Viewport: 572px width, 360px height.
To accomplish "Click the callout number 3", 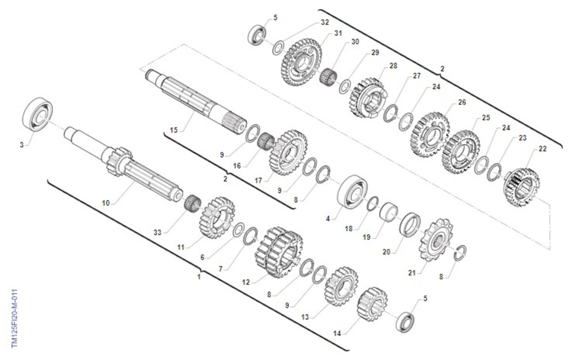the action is (x=22, y=145).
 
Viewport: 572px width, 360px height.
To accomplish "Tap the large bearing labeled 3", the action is (x=38, y=114).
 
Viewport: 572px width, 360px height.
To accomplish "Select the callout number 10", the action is (x=106, y=203).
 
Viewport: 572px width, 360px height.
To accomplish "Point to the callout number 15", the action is (x=174, y=130).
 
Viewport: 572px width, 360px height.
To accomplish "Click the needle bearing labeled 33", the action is (x=193, y=203).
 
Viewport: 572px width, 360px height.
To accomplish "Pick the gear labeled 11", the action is (x=217, y=217).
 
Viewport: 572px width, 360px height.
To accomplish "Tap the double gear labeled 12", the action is (x=279, y=252).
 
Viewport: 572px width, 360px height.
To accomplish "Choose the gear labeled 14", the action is (x=372, y=304).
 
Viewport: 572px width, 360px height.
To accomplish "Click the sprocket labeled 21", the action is (x=436, y=239).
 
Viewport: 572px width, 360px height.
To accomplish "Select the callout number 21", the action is (x=412, y=273).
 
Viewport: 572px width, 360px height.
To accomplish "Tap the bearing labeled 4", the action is (x=352, y=191).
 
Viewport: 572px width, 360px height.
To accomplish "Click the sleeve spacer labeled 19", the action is (x=388, y=212).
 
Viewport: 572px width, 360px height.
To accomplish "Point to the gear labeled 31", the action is (x=301, y=62).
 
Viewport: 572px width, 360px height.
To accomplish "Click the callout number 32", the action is (x=325, y=22).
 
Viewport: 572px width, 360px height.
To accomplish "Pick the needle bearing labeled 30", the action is (x=328, y=76).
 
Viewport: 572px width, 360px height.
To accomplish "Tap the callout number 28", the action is (x=393, y=66).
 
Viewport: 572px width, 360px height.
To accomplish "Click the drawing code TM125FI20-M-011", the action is (x=14, y=319).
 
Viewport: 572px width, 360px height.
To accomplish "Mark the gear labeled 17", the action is (x=288, y=153).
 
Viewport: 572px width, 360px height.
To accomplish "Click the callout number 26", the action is (x=462, y=102).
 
